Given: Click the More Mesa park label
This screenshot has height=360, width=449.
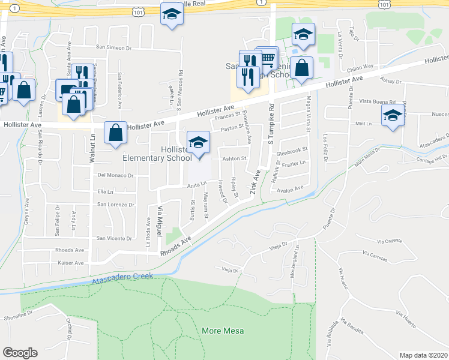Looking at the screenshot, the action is [219, 331].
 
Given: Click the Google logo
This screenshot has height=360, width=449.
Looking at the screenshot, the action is [20, 353].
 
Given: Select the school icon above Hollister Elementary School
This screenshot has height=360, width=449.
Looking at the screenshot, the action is [197, 143].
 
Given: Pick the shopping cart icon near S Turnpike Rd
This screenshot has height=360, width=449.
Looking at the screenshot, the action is [267, 59].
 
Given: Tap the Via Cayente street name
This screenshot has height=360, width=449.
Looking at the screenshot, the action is [390, 241].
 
